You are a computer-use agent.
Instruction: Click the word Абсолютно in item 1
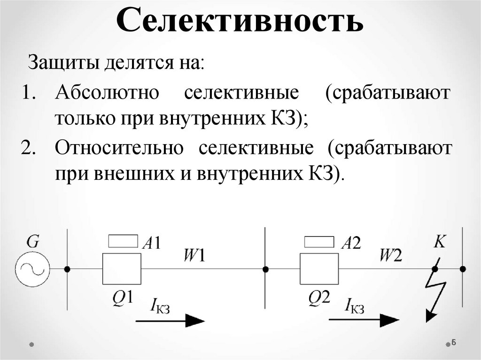[108, 93]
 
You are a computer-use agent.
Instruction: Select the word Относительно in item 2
[118, 148]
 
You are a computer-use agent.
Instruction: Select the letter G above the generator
[32, 242]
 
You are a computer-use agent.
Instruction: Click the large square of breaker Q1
[122, 269]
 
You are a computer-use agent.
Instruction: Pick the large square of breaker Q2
[319, 269]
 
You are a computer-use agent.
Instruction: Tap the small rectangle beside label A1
[124, 241]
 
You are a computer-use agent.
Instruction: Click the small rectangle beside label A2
[319, 241]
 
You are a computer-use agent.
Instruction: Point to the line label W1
[194, 255]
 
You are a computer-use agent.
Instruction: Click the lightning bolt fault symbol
[434, 291]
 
